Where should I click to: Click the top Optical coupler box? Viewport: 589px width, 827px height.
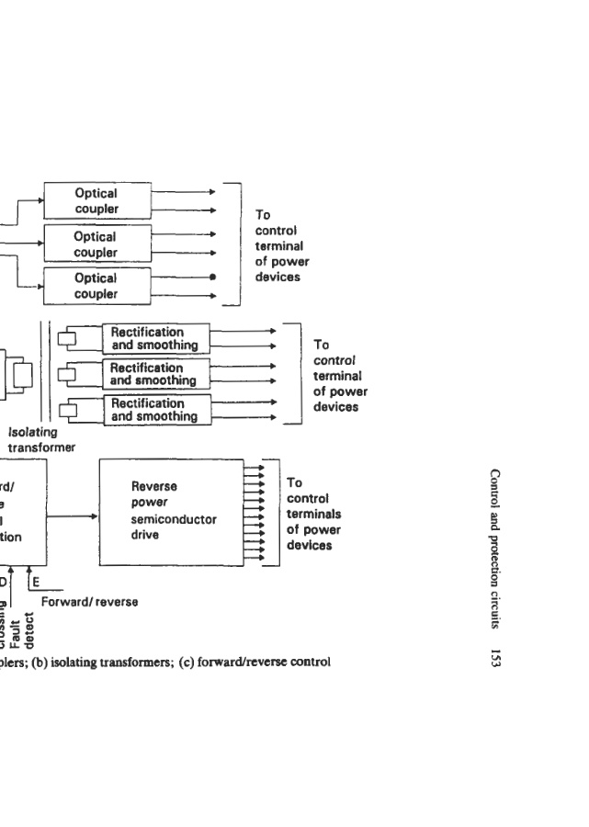point(96,201)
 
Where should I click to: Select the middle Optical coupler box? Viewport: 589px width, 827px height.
point(96,244)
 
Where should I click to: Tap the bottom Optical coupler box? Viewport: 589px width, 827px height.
point(96,286)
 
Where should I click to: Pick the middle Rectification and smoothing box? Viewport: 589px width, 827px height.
point(153,374)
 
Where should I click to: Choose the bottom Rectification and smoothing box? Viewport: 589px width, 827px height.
point(153,409)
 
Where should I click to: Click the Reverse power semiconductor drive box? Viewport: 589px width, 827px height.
point(174,511)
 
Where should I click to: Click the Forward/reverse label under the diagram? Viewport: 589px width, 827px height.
point(89,602)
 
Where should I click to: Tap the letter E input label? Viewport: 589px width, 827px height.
point(37,582)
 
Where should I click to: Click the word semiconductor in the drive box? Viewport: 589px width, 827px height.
point(174,519)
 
